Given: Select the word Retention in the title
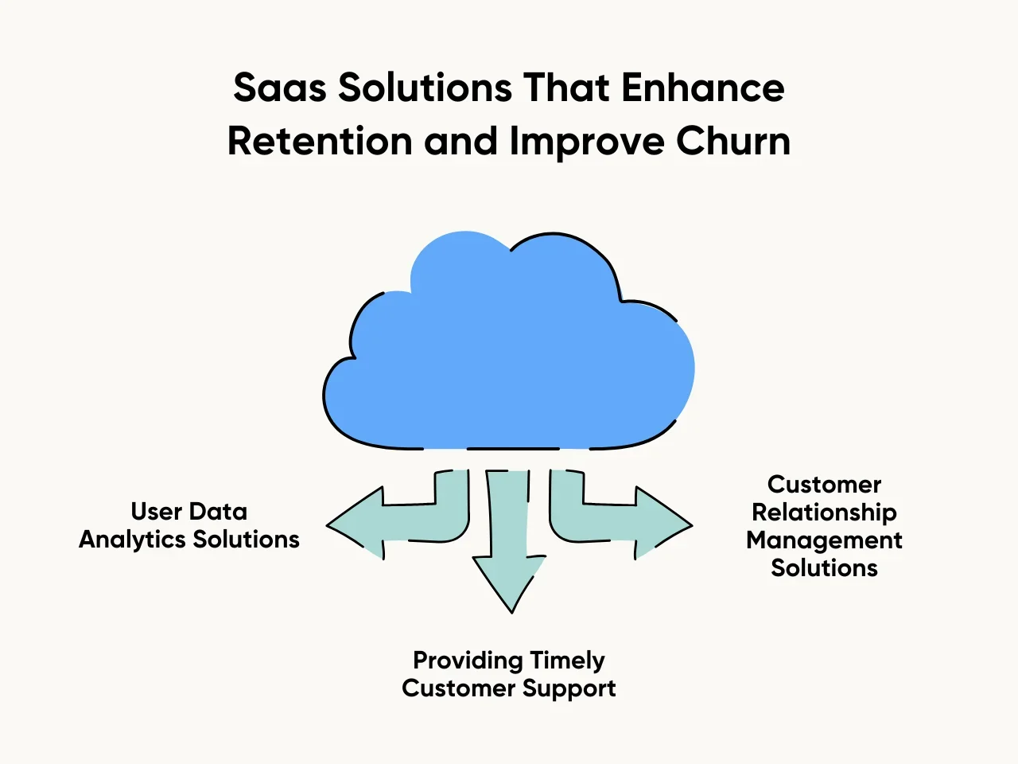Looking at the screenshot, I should click(320, 142).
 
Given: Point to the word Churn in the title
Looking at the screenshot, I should click(733, 142).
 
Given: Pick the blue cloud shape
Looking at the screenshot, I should click(509, 350).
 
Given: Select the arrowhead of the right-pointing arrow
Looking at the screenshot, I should click(664, 525).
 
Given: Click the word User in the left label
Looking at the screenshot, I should click(157, 512).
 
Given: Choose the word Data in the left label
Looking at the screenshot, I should click(219, 512).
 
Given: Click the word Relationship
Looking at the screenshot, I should click(824, 513).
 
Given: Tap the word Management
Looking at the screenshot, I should click(824, 540).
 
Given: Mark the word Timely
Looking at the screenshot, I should click(567, 661).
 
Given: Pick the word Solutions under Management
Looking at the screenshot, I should click(824, 568).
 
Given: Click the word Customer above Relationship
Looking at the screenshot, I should click(824, 485).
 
